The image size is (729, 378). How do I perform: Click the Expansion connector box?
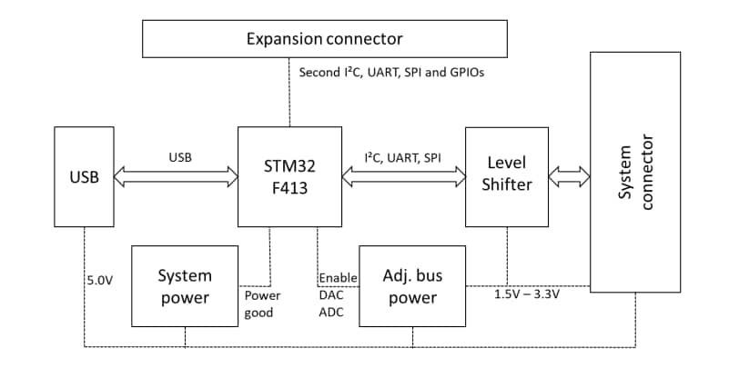[325, 39]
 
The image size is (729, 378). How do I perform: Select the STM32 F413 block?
[289, 176]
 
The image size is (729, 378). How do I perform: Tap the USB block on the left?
[84, 176]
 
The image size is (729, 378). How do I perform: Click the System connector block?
[634, 173]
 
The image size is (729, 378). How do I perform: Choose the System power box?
[185, 285]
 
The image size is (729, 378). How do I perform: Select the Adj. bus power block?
[412, 285]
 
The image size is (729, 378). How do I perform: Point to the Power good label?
[262, 304]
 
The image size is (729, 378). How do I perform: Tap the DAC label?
[331, 295]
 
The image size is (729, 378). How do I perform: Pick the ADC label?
[331, 313]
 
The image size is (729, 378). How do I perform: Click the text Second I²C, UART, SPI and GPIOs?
[391, 72]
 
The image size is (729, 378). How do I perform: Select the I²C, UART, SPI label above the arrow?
[402, 157]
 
